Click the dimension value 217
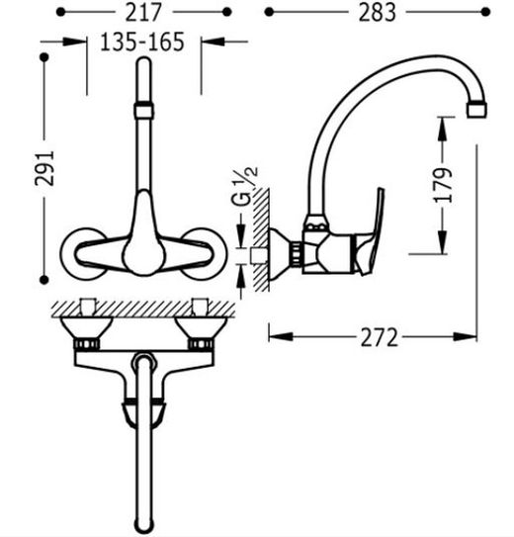142,12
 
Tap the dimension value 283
378,13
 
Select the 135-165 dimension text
142,42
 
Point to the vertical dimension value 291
44,168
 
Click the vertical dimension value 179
443,185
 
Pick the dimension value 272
380,337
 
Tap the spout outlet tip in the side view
476,110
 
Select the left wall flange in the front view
82,253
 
